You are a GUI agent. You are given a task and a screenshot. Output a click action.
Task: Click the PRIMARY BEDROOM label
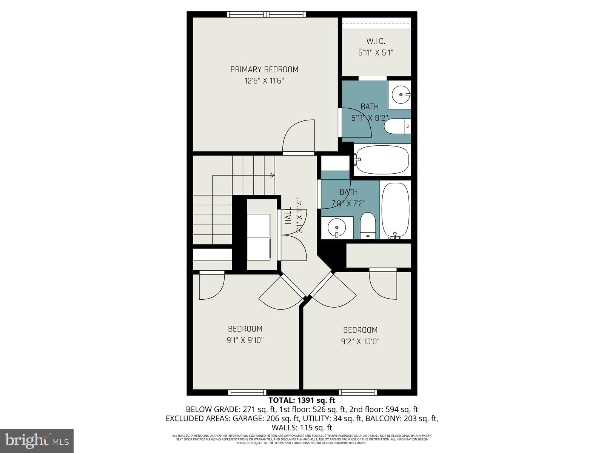(264, 69)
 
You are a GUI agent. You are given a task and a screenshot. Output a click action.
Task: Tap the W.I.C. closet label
(376, 41)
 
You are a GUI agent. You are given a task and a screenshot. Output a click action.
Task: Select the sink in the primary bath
(399, 94)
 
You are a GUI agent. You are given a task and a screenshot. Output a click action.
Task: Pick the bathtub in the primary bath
(382, 160)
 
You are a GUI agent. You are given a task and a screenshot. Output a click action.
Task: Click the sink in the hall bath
(337, 228)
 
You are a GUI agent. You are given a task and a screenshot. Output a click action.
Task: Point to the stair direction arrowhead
(273, 175)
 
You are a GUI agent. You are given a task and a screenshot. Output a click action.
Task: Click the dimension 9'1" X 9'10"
(245, 340)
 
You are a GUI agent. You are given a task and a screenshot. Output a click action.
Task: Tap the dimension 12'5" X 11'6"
(264, 80)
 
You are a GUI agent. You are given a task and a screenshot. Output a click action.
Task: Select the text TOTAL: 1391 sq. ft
(302, 400)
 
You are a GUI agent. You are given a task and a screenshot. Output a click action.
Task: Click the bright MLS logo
(37, 440)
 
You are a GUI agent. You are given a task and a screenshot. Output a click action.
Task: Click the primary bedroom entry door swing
(298, 136)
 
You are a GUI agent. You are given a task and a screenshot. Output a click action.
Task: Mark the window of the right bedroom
(358, 393)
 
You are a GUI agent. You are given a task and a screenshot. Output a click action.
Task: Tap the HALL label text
(288, 216)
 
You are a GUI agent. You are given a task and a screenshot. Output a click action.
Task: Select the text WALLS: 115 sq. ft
(302, 428)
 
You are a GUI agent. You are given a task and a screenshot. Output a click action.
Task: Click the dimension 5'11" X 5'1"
(376, 52)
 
